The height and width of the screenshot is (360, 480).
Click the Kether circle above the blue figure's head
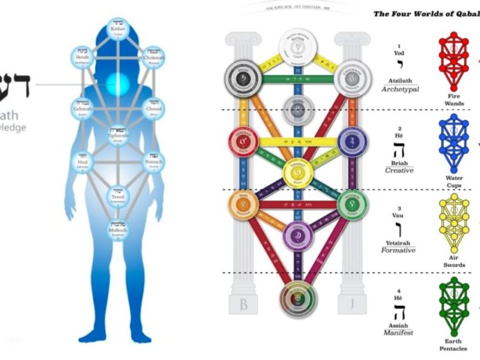click(x=118, y=30)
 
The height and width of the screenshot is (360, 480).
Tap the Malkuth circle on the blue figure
click(x=118, y=227)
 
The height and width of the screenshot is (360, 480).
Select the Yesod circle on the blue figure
click(x=118, y=195)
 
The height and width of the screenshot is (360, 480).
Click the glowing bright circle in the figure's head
click(x=118, y=84)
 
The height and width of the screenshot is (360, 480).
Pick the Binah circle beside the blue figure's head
click(x=83, y=57)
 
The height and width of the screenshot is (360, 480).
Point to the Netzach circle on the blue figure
click(x=153, y=163)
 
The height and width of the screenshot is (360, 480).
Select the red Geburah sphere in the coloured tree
click(x=243, y=142)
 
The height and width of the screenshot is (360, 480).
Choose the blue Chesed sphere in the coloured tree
click(x=353, y=142)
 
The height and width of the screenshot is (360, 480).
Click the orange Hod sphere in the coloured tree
click(x=243, y=206)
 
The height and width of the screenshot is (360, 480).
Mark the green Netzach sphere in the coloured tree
click(x=353, y=206)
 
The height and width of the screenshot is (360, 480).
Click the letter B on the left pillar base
click(x=243, y=305)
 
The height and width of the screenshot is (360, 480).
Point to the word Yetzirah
click(x=400, y=241)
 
